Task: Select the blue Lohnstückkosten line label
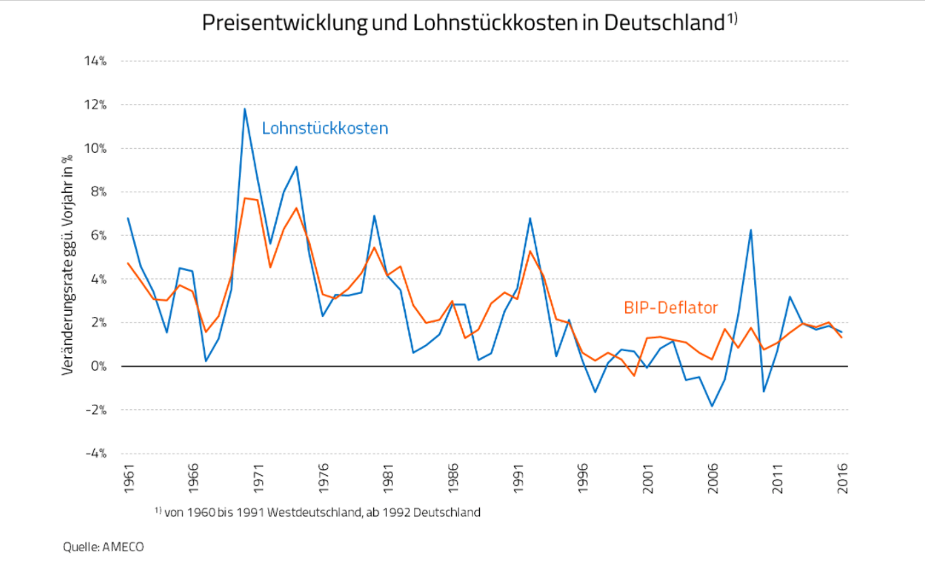[x=325, y=128]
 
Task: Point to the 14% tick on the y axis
[x=95, y=62]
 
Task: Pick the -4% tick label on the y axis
[x=95, y=453]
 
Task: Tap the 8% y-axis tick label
[x=97, y=192]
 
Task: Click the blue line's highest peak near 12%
[x=245, y=109]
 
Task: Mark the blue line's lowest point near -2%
[x=712, y=406]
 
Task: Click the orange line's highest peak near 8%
[x=245, y=198]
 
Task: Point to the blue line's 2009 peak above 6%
[x=751, y=230]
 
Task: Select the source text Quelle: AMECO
[x=103, y=547]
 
